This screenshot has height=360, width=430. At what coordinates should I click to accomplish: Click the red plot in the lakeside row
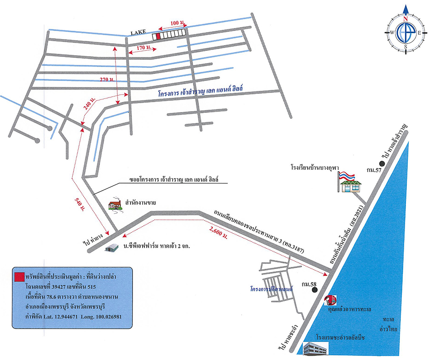tap(158, 36)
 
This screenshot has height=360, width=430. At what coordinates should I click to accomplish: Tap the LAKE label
tap(138, 33)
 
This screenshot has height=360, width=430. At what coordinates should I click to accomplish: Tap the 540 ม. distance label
tap(79, 203)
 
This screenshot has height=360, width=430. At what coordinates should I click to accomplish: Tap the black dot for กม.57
tap(382, 164)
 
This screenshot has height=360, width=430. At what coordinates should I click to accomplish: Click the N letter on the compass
tap(406, 19)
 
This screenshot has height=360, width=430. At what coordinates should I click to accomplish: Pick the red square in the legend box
tap(19, 277)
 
